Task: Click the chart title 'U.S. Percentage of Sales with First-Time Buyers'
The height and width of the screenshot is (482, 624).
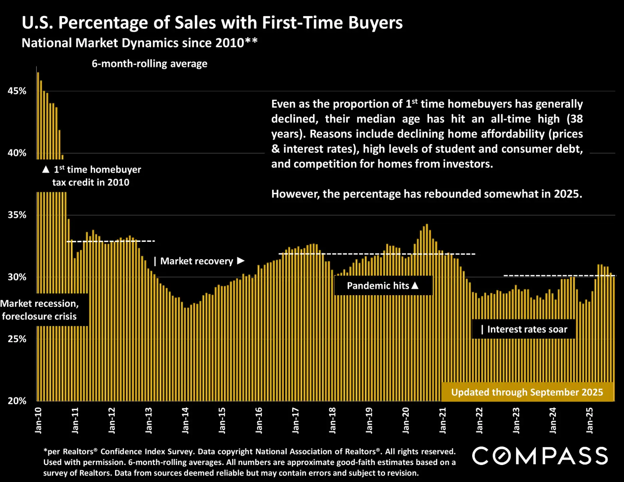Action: point(212,23)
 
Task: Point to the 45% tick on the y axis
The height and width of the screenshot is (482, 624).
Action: point(17,91)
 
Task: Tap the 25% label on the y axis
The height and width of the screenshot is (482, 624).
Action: point(17,339)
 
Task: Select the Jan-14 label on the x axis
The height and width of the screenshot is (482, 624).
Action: point(185,420)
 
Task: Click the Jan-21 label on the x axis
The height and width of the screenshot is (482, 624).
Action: point(442,420)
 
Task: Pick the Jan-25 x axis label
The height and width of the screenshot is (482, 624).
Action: point(590,420)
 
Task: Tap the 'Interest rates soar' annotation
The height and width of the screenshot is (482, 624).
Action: point(527,329)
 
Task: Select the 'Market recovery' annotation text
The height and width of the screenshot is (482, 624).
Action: point(197,261)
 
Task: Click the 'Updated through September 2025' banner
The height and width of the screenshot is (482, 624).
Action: point(527,392)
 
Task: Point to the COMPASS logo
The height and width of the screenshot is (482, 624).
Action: point(540,456)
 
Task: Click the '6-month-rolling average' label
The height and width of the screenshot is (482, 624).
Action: point(149,64)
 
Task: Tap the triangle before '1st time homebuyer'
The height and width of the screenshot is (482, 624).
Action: point(46,170)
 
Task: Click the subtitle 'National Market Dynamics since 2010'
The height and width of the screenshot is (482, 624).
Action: point(139,43)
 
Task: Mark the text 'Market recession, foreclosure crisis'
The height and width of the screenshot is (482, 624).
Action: point(39,310)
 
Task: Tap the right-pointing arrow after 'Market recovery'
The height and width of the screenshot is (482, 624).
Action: point(241,261)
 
